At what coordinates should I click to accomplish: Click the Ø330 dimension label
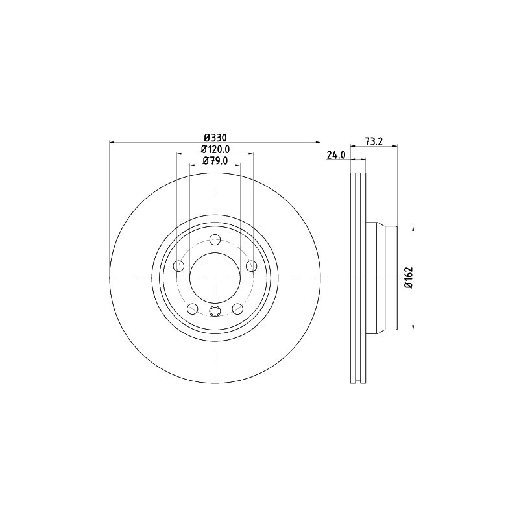215,137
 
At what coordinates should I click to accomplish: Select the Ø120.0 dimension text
215,149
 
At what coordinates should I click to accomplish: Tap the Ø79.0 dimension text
215,161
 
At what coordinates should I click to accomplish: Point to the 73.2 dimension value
372,141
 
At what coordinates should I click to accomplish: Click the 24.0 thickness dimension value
334,154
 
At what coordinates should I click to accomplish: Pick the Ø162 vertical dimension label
408,278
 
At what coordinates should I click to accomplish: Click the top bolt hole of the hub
215,239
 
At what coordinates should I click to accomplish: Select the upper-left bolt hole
179,265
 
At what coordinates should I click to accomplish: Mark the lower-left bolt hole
193,308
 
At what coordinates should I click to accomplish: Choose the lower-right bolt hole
237,308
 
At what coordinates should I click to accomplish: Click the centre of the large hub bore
215,278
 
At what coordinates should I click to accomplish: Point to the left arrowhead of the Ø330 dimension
112,142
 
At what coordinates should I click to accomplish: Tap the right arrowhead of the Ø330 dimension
319,142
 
